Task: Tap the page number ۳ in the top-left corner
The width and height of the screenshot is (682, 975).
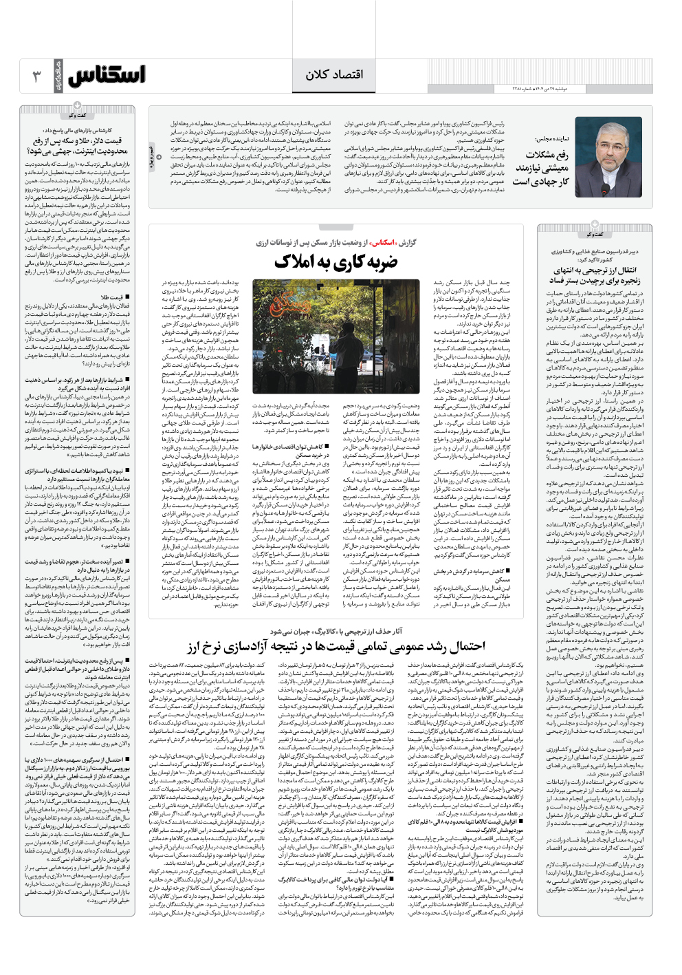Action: [37, 75]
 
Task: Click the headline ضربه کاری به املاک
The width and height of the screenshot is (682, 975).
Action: [335, 261]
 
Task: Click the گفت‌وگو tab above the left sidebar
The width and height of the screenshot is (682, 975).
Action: [77, 116]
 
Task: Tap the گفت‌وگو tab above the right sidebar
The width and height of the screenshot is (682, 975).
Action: [595, 235]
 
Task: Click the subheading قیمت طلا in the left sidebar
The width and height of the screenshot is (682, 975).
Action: [112, 297]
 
